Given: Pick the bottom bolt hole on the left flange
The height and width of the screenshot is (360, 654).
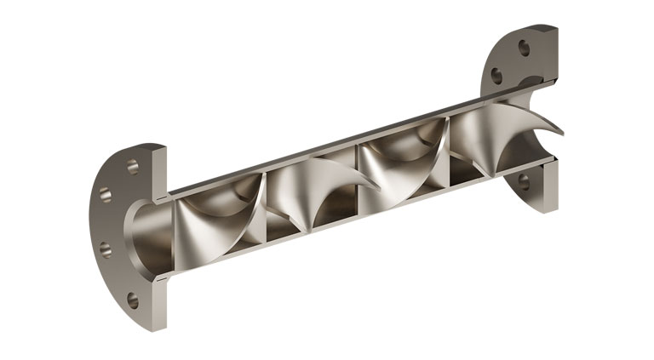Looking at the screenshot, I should pyautogui.click(x=133, y=300).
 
